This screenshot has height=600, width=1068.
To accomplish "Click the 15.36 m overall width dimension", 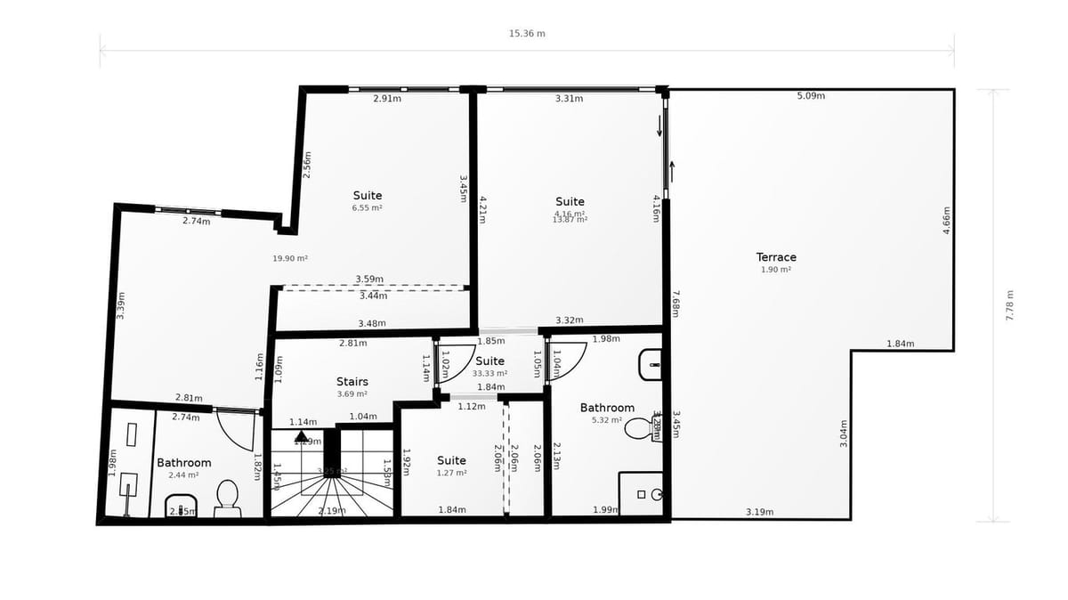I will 527,34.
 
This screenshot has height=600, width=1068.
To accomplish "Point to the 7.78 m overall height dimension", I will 1010,305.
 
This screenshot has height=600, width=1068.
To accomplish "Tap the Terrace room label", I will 776,257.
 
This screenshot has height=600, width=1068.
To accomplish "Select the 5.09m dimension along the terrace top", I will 810,95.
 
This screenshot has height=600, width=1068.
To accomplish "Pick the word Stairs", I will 352,382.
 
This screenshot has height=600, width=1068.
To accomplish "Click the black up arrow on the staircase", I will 302,437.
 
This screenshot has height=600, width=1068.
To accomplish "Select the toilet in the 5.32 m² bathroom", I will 639,429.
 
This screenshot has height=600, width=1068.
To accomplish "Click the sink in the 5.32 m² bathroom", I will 650,364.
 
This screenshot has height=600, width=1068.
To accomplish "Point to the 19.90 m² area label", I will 290,258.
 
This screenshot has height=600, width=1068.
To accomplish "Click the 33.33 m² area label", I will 489,374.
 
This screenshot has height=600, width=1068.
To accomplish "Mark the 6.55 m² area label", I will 367,207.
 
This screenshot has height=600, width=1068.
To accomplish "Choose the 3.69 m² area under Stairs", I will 352,393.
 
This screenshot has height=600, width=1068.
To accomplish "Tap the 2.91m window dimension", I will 387,98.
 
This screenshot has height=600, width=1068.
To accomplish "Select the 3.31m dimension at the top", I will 569,98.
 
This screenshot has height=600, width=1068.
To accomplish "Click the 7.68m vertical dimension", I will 676,304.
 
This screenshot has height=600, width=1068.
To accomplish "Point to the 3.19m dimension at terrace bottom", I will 759,512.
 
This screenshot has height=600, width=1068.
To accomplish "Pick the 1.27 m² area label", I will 451,473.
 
